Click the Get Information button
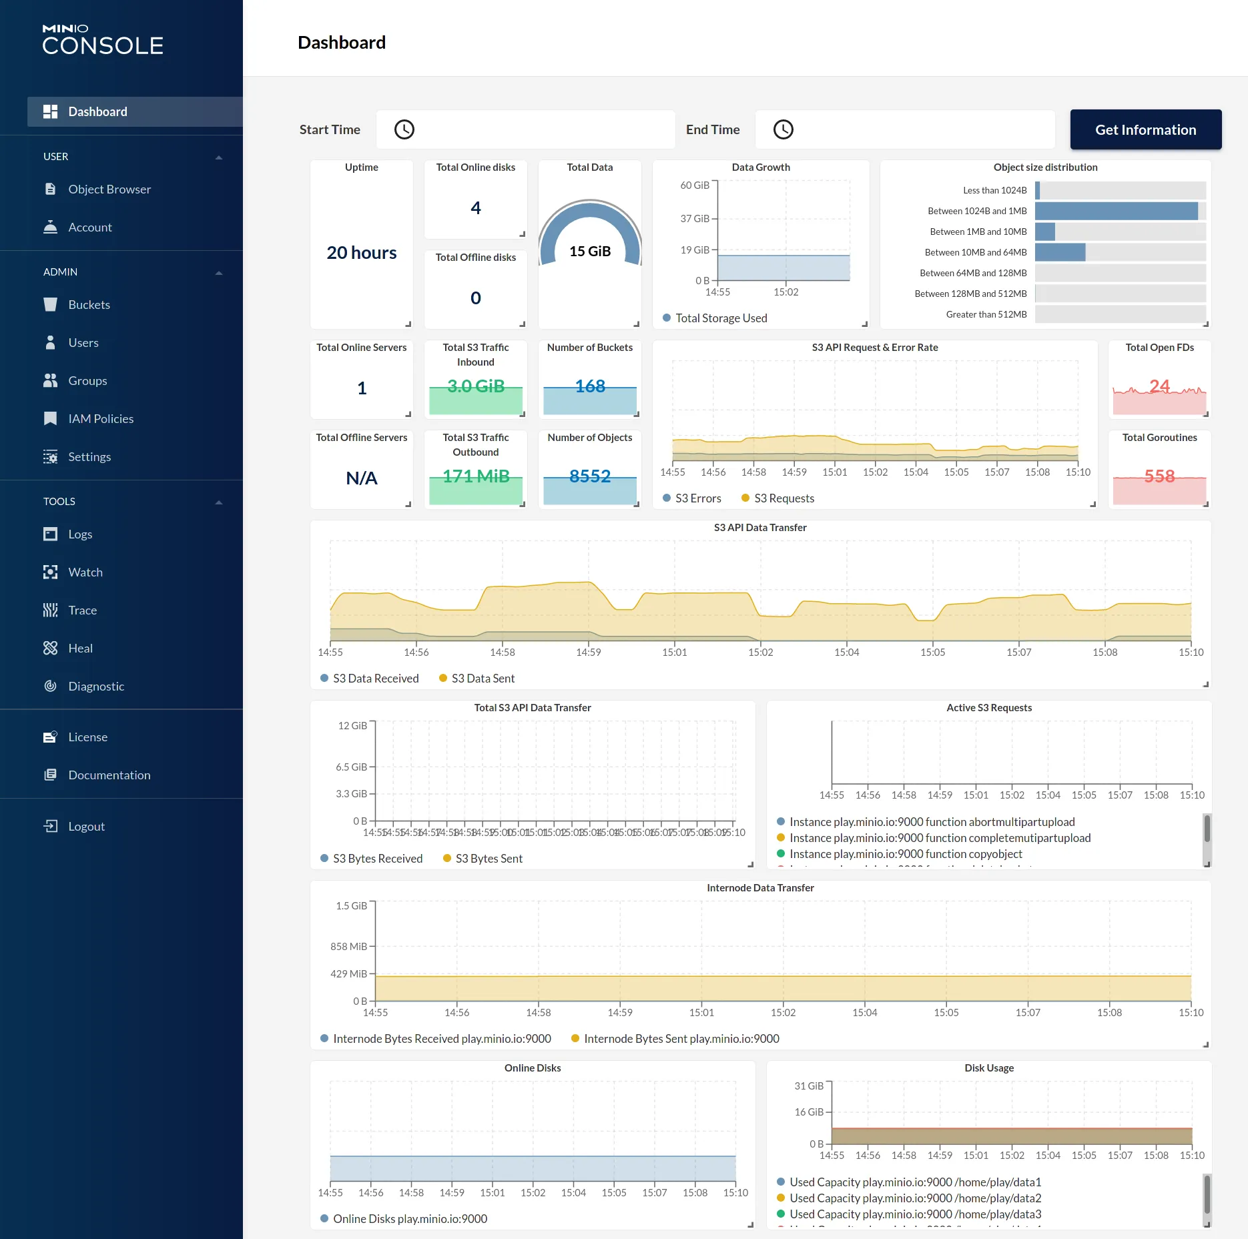coord(1145,129)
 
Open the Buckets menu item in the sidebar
coord(89,305)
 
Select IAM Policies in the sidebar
coord(100,419)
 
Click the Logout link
coord(86,827)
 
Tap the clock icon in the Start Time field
coord(404,129)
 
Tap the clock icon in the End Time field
coord(783,129)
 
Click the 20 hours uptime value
coord(361,253)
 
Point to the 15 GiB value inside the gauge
coord(590,252)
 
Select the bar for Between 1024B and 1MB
coord(1116,211)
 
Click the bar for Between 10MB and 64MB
coord(1060,252)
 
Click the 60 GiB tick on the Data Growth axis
coord(694,185)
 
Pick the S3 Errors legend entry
coord(697,498)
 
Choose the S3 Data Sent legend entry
coord(483,679)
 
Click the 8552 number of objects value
coord(590,476)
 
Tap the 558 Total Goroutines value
coord(1159,476)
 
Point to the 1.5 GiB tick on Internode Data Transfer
coord(351,906)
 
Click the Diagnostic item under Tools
coord(96,687)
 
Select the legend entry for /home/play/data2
coord(915,1198)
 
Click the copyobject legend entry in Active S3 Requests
coord(905,854)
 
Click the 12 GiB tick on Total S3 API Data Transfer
coord(352,726)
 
